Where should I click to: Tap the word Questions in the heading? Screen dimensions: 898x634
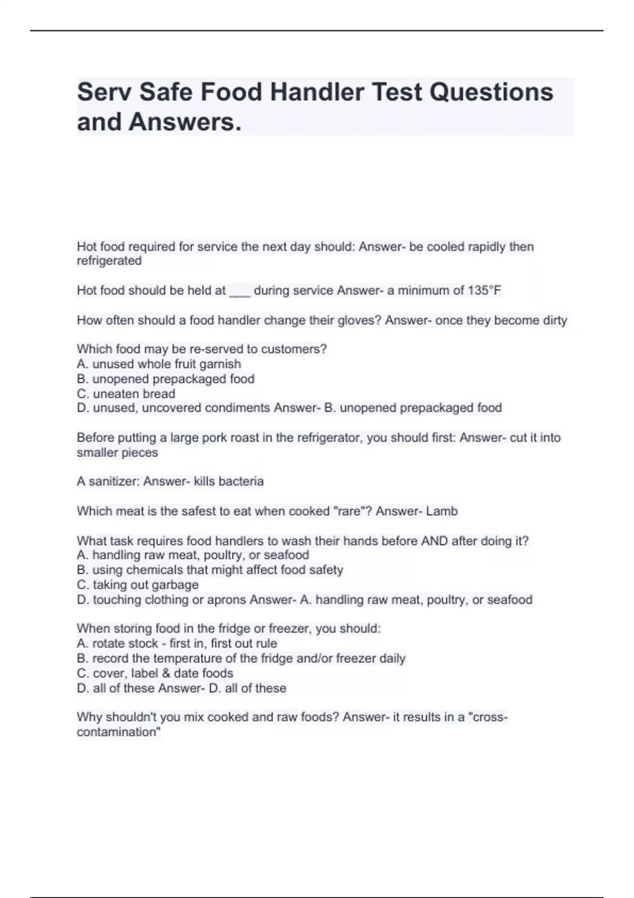click(491, 92)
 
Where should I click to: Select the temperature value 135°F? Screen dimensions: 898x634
click(484, 291)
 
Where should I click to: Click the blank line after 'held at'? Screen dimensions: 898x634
click(239, 292)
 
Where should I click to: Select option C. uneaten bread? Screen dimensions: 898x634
click(126, 394)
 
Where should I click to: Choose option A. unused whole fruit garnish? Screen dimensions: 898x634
click(158, 364)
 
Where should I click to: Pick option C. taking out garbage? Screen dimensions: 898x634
click(137, 585)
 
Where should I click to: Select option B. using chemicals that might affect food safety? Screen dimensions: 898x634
click(210, 570)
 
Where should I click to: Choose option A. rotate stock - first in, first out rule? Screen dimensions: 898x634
click(176, 643)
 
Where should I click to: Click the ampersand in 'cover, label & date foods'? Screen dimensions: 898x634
click(166, 673)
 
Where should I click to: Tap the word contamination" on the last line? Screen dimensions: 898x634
click(118, 732)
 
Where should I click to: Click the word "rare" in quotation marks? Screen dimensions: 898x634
click(352, 511)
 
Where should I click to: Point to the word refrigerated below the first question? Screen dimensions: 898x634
click(109, 261)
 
